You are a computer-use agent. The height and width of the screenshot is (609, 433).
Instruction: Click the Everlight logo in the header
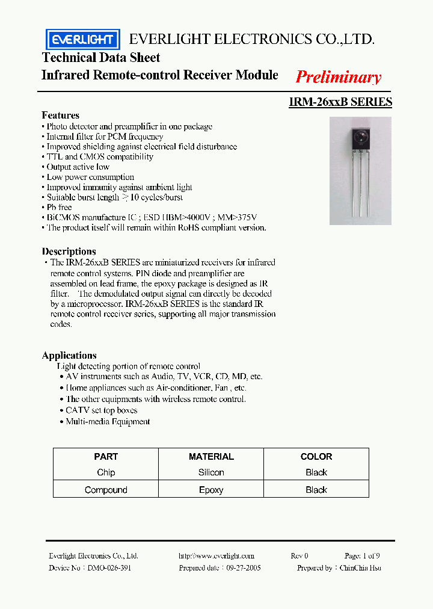(x=83, y=40)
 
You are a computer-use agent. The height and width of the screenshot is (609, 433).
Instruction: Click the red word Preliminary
(x=338, y=77)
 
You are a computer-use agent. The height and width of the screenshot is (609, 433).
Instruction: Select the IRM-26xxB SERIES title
(x=340, y=102)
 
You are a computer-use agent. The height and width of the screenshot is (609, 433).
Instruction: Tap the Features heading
(x=60, y=115)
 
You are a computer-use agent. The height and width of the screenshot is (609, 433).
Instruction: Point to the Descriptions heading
(x=69, y=252)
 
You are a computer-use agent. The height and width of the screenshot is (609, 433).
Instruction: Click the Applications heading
(x=69, y=355)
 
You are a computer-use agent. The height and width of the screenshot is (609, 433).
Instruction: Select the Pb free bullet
(x=60, y=207)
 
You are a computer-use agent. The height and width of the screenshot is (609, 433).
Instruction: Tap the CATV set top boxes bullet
(x=101, y=410)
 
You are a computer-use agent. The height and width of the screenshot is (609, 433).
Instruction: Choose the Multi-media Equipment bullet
(x=108, y=422)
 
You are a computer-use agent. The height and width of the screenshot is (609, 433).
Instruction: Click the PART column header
(x=106, y=457)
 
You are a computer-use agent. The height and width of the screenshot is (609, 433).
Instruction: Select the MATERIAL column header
(x=211, y=457)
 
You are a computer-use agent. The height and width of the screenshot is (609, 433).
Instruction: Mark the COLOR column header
(x=316, y=457)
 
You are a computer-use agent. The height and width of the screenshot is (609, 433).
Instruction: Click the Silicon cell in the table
(x=211, y=473)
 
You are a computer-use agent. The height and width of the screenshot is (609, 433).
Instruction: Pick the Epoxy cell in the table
(x=211, y=490)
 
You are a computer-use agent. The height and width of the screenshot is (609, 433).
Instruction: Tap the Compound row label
(x=106, y=490)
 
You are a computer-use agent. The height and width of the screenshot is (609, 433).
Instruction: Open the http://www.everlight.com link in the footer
(x=216, y=556)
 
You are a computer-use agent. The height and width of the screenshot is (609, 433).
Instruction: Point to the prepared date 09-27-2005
(x=242, y=567)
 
